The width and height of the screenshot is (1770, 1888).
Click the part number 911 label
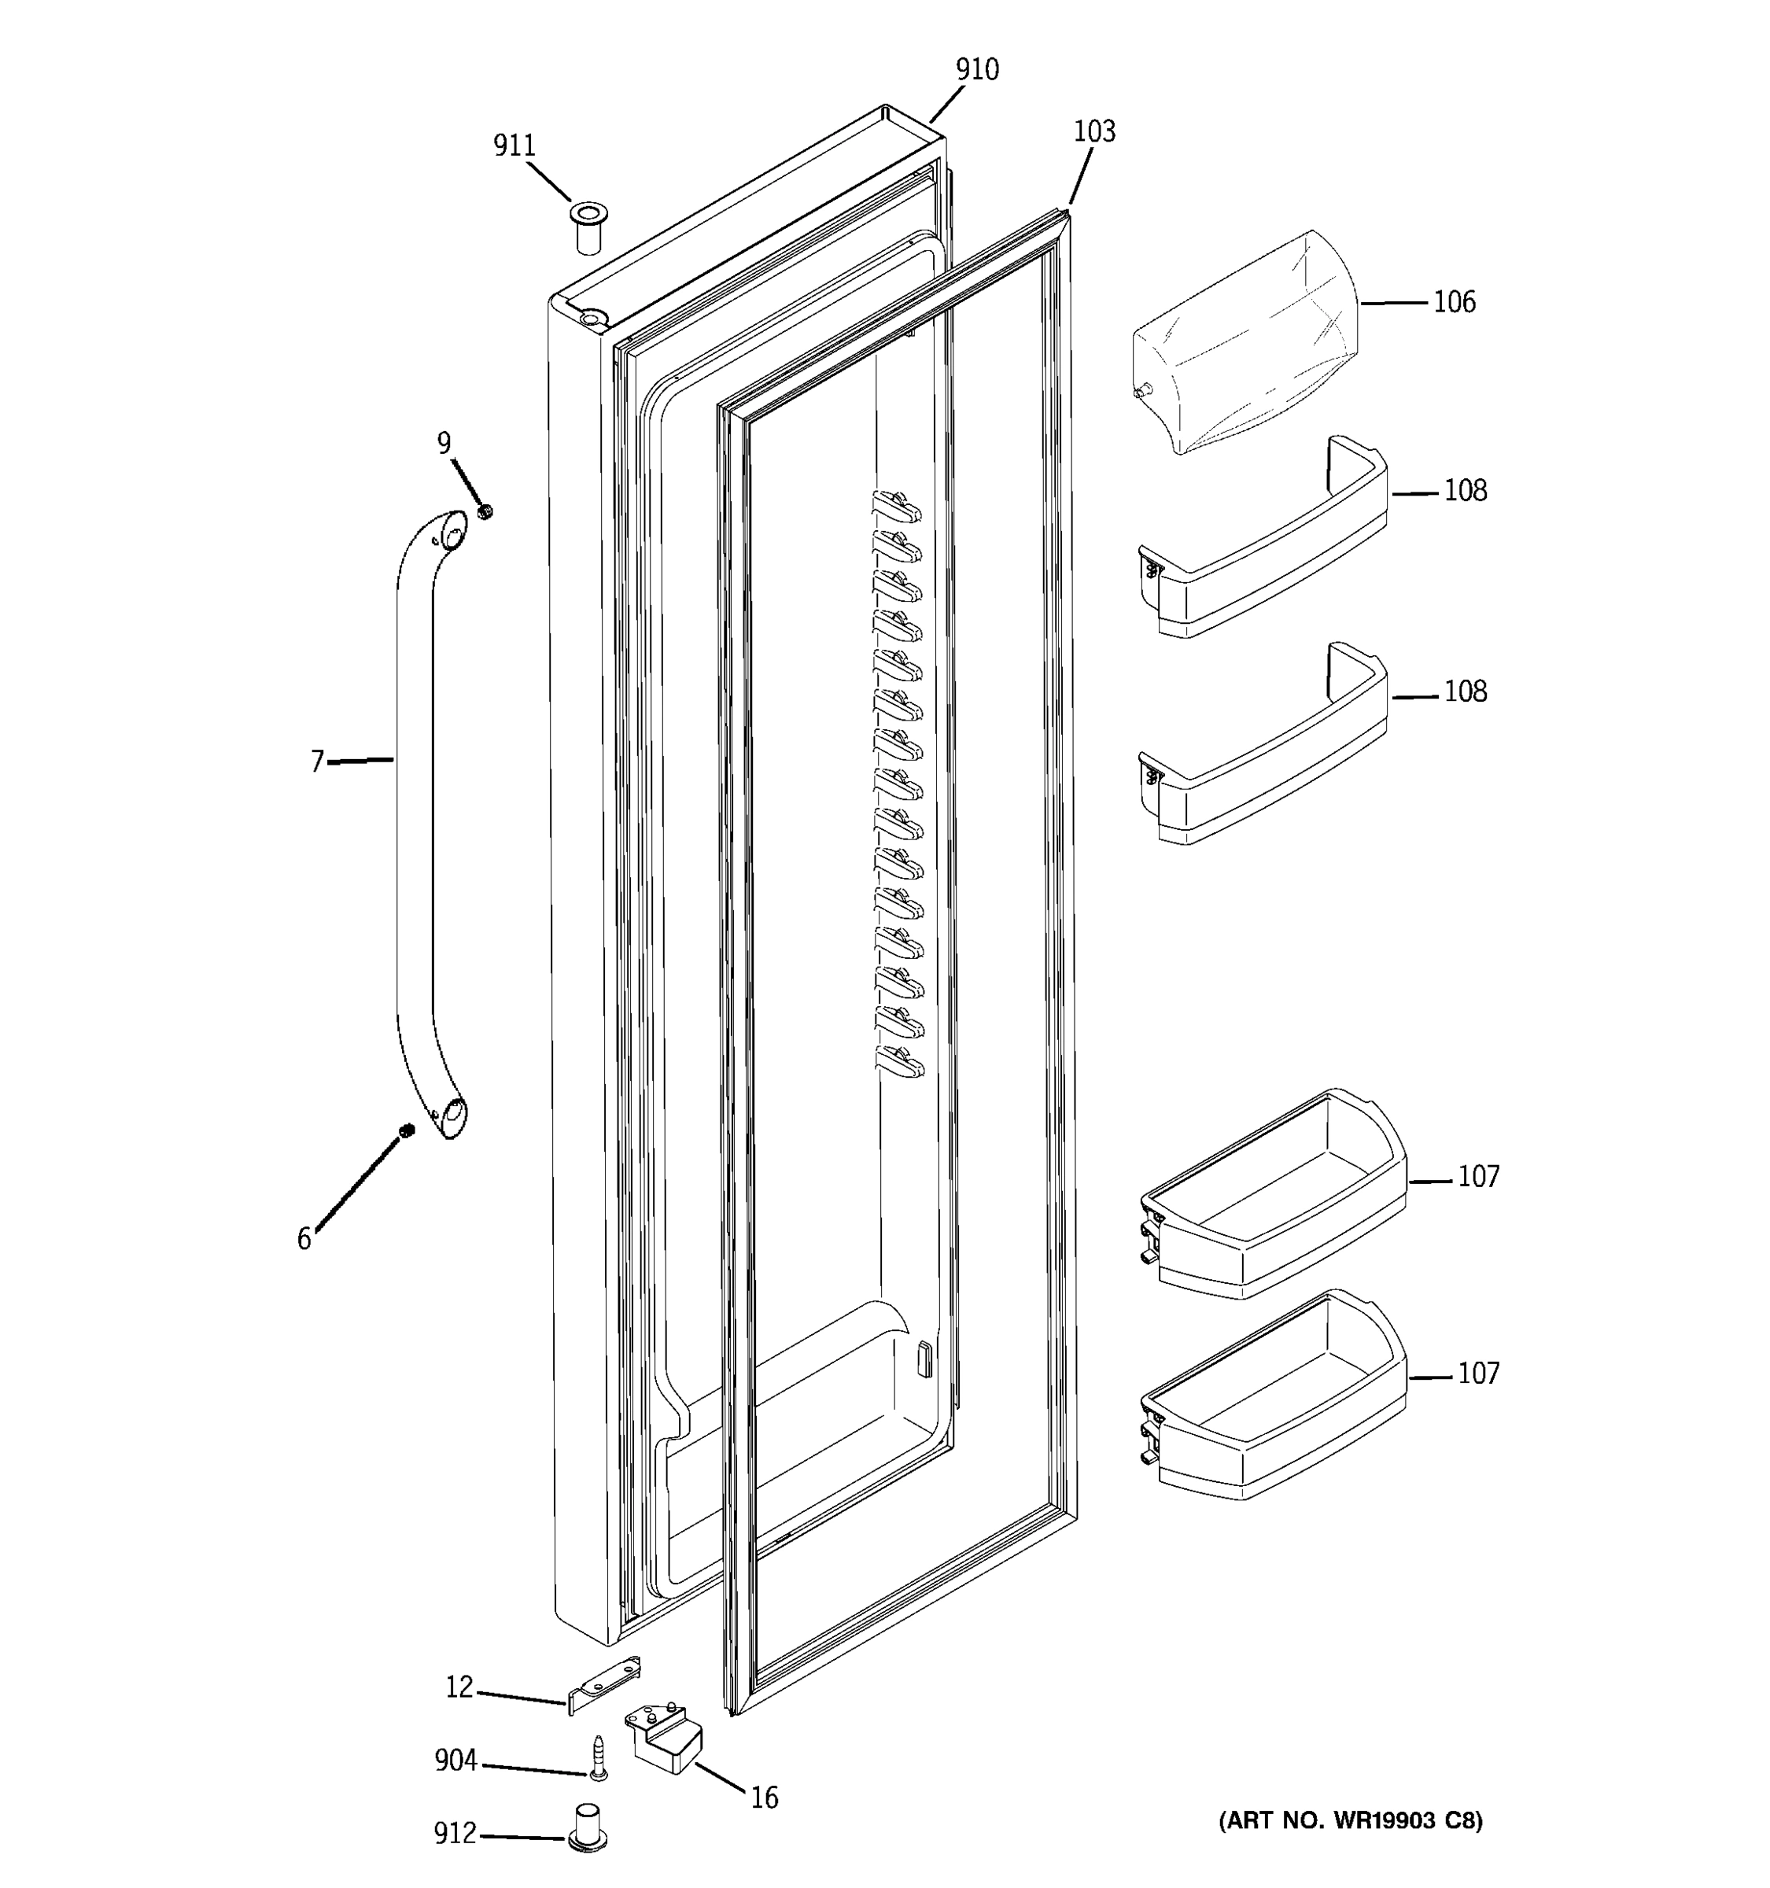tap(514, 146)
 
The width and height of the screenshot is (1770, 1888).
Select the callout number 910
tap(977, 69)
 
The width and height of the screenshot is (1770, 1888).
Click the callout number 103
tap(1094, 131)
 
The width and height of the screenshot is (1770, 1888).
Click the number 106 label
tap(1454, 302)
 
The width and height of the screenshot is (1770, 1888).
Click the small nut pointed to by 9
tap(486, 512)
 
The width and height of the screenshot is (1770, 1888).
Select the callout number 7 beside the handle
tap(317, 761)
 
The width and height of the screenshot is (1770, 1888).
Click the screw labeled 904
tap(598, 1758)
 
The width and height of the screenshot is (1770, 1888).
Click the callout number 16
tap(763, 1798)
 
